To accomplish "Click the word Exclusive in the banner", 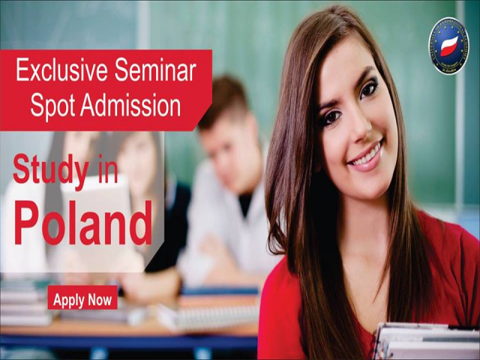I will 61,72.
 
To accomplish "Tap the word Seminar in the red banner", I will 156,72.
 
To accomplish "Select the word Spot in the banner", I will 53,106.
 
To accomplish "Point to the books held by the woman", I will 424,341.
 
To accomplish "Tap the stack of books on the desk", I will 26,300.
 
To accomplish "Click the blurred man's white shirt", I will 217,225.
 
